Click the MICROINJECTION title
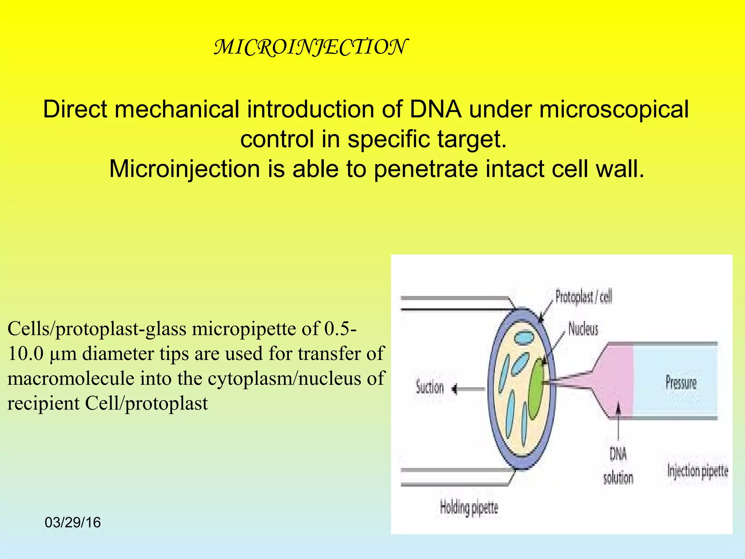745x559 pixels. click(x=310, y=47)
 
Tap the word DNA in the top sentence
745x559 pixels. click(x=435, y=109)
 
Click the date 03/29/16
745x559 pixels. click(x=73, y=523)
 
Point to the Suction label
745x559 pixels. click(x=430, y=388)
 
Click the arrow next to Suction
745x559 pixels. click(x=468, y=389)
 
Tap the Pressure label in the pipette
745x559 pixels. click(x=681, y=382)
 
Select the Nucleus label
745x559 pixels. click(x=583, y=329)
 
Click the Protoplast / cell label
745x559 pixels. click(x=583, y=297)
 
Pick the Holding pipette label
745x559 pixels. click(x=469, y=507)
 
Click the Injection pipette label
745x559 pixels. click(x=698, y=471)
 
